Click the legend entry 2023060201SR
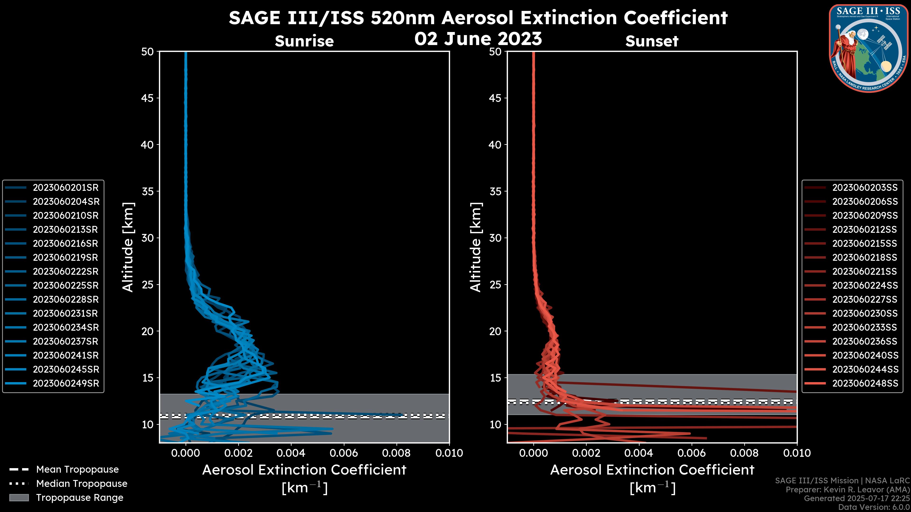(65, 188)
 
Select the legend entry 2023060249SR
(66, 383)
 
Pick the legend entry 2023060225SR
(65, 285)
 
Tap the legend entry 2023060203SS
(865, 188)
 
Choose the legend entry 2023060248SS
(865, 383)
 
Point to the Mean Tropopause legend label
(77, 469)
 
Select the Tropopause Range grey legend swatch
(19, 498)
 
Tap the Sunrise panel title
(304, 41)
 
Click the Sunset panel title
(652, 41)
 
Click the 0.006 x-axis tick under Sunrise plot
(344, 453)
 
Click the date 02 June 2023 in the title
(478, 39)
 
